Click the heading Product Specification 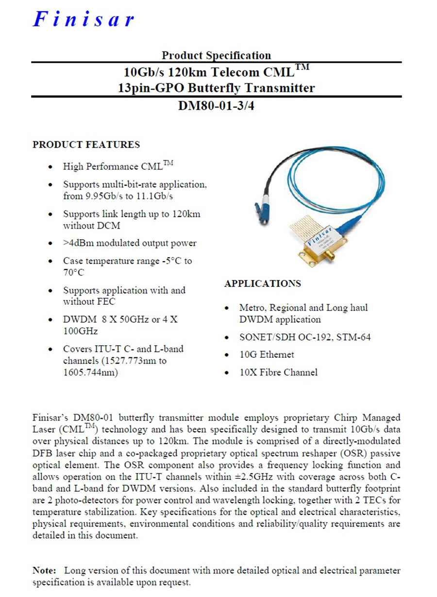[216, 55]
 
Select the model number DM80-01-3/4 [216, 105]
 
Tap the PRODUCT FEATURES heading [86, 144]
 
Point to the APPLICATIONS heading [263, 283]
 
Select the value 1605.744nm [90, 372]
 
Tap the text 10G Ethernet [267, 354]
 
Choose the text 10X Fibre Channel [278, 372]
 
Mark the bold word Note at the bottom [44, 570]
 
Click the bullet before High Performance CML [51, 167]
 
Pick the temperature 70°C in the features [73, 272]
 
